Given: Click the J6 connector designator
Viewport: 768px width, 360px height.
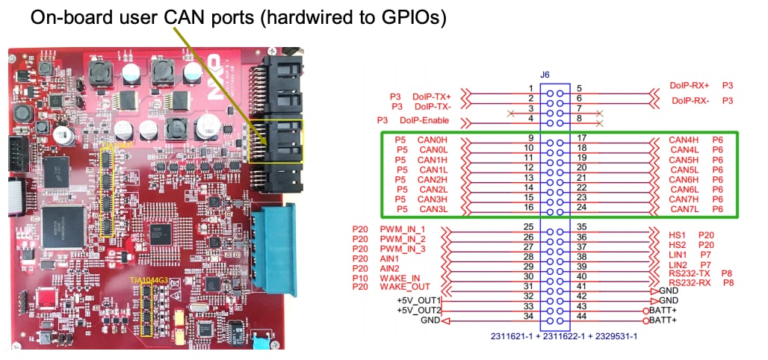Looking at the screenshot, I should tap(545, 75).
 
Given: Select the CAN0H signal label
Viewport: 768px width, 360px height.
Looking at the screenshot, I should tap(433, 138).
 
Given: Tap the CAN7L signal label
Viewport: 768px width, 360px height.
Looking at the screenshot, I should tap(683, 209).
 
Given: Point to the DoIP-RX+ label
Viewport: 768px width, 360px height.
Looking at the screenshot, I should tap(690, 86).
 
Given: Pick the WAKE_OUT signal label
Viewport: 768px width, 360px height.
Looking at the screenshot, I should tap(405, 286).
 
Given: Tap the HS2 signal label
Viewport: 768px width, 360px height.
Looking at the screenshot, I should tap(678, 245).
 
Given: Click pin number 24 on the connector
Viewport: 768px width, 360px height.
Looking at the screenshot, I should tap(580, 207).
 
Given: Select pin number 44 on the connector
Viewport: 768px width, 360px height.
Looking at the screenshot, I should tap(580, 317).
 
